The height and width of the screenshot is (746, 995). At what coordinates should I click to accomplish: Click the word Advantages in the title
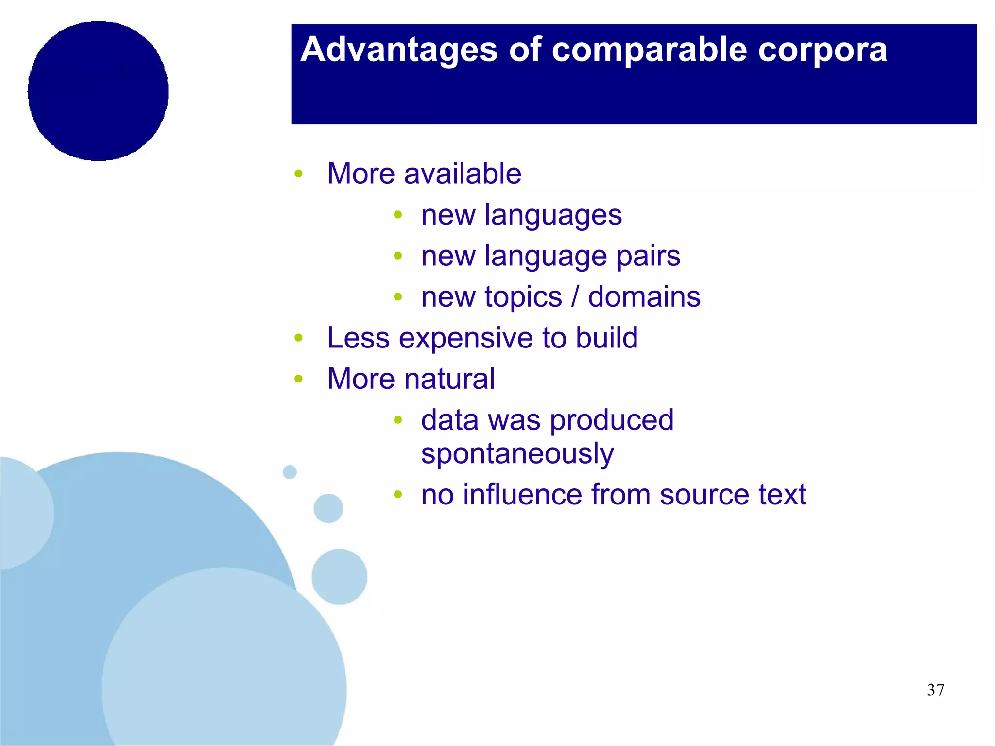[x=398, y=51]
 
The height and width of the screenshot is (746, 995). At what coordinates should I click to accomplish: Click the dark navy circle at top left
[x=98, y=91]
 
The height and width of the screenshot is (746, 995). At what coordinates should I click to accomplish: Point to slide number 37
[x=935, y=690]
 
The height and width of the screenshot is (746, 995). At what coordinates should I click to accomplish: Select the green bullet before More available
[x=299, y=174]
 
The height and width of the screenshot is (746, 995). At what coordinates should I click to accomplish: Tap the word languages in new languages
[x=553, y=215]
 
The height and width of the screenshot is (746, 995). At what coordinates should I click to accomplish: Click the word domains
[x=644, y=297]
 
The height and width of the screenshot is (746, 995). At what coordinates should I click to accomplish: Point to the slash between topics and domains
[x=575, y=297]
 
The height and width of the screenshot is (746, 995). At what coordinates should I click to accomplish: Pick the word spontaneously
[x=517, y=454]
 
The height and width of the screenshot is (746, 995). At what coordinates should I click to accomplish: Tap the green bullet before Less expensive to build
[x=299, y=338]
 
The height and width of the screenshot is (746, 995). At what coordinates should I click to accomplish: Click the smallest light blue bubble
[x=290, y=472]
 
